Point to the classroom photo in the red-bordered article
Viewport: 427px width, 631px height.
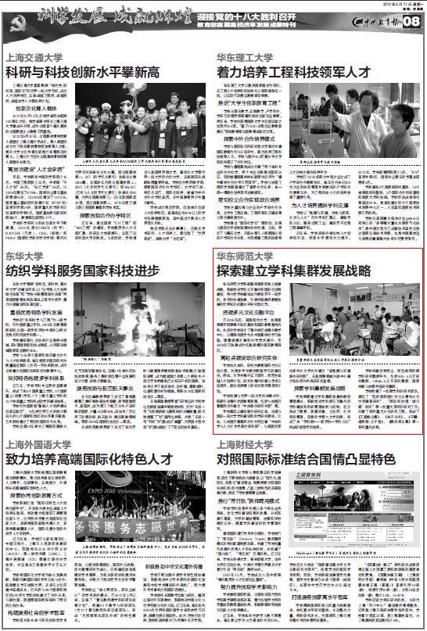(x=367, y=322)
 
